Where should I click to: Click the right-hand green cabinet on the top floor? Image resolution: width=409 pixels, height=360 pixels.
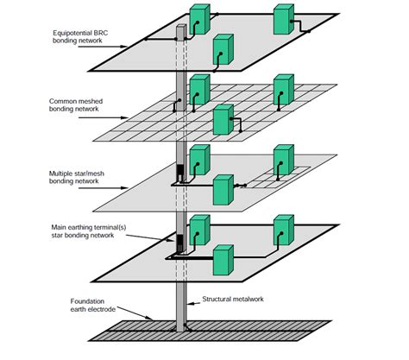(x=284, y=19)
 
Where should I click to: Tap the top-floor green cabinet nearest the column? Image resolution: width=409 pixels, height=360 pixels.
(x=199, y=18)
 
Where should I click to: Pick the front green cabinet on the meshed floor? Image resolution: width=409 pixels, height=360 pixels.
(x=223, y=119)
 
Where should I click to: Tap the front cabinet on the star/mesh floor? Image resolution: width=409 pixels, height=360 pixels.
(x=223, y=189)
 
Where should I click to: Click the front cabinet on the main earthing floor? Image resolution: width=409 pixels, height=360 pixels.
(x=223, y=260)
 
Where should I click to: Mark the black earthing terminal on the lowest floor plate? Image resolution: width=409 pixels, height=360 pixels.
(x=181, y=243)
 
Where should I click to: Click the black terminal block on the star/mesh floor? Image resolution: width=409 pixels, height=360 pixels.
(x=181, y=174)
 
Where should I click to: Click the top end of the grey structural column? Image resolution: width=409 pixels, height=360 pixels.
(x=181, y=28)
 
